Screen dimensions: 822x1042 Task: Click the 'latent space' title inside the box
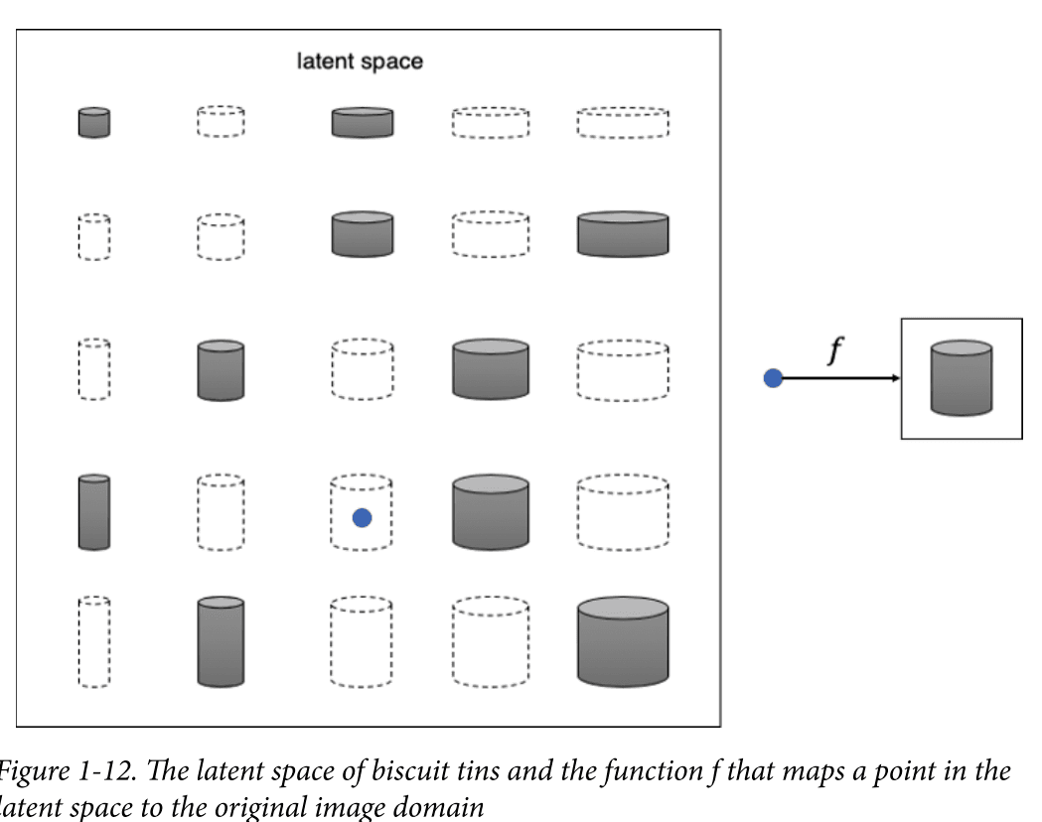(360, 62)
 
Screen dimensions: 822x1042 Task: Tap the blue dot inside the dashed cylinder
(362, 517)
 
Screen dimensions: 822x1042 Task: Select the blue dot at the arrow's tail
(773, 378)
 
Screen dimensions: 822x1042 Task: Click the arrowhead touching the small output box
(895, 378)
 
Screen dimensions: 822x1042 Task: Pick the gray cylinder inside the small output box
(961, 377)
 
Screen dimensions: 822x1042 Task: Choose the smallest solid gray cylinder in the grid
(94, 122)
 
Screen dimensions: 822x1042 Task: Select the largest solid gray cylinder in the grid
(623, 640)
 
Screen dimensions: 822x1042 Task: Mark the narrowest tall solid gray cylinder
(94, 512)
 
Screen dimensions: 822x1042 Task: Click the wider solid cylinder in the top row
(362, 122)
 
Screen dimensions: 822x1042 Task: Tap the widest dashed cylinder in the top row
(623, 122)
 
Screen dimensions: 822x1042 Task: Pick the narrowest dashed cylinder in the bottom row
(94, 642)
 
